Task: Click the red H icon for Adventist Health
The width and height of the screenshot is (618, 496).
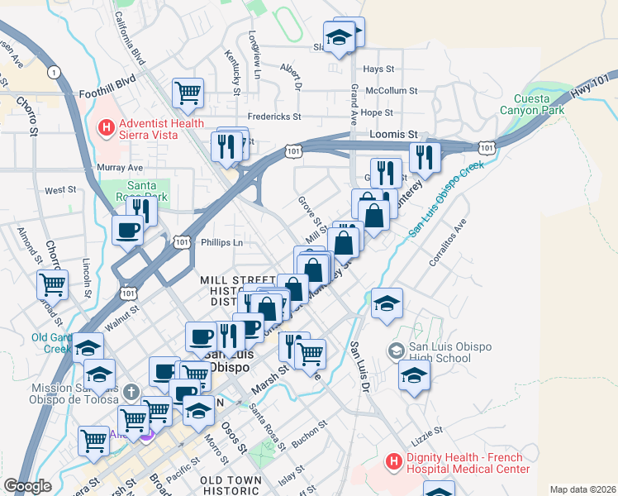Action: pos(106,127)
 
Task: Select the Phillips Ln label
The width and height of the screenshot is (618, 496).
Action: pos(221,243)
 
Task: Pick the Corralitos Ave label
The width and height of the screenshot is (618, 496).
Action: pos(448,243)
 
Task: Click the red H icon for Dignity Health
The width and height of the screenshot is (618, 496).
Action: pos(394,460)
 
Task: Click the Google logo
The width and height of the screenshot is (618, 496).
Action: pos(28,486)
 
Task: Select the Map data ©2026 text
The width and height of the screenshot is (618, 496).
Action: pos(582,489)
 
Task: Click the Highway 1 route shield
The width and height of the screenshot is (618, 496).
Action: pos(55,73)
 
